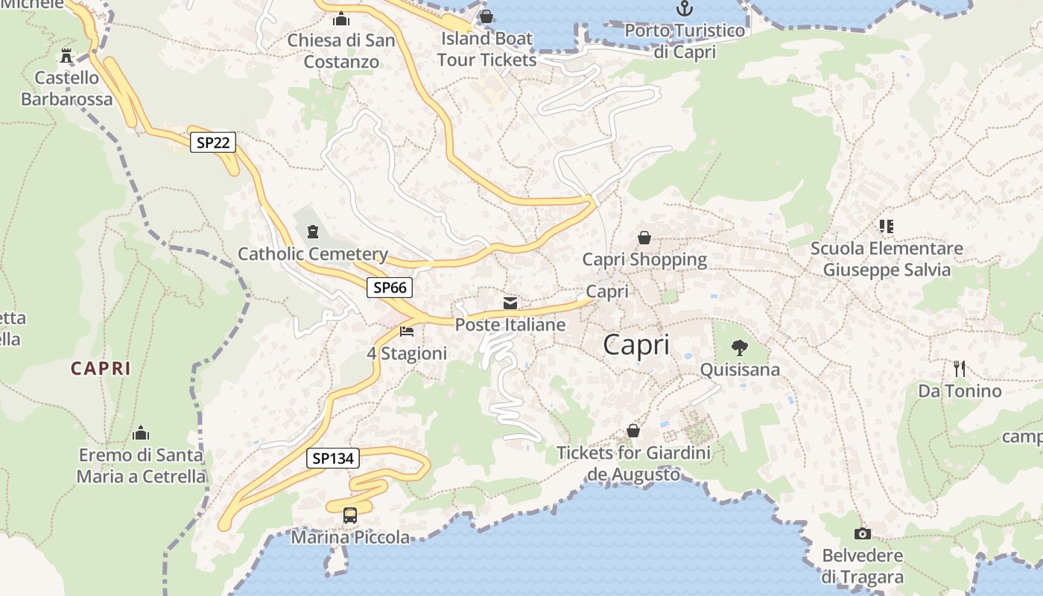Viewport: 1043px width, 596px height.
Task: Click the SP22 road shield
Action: [213, 142]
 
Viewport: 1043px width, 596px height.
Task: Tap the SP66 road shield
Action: [390, 288]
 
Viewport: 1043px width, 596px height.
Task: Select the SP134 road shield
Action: [333, 458]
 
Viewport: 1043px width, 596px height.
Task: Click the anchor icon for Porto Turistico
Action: [684, 9]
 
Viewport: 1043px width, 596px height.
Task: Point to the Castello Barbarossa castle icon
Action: [67, 56]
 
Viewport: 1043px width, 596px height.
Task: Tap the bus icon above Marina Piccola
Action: [350, 515]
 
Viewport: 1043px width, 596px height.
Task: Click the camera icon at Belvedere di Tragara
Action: [863, 533]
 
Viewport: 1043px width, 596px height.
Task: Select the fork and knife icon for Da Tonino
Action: [960, 368]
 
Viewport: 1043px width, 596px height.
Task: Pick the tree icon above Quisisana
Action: [739, 346]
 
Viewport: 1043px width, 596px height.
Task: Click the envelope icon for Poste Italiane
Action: [510, 302]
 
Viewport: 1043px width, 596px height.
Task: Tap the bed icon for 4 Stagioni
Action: [407, 331]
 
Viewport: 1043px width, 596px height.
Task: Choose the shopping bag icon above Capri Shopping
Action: [644, 238]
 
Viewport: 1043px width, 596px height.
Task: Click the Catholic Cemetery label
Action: [313, 254]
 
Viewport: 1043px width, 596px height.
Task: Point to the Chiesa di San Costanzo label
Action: [341, 51]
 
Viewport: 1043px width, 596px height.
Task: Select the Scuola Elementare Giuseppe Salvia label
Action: [887, 259]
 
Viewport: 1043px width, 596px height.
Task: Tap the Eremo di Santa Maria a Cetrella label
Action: [141, 465]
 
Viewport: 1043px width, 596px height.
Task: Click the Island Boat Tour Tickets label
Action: [486, 48]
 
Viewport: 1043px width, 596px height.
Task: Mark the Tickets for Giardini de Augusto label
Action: [634, 463]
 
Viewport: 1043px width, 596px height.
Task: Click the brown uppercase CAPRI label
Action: [101, 368]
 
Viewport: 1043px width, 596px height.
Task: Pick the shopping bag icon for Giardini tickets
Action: [633, 431]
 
